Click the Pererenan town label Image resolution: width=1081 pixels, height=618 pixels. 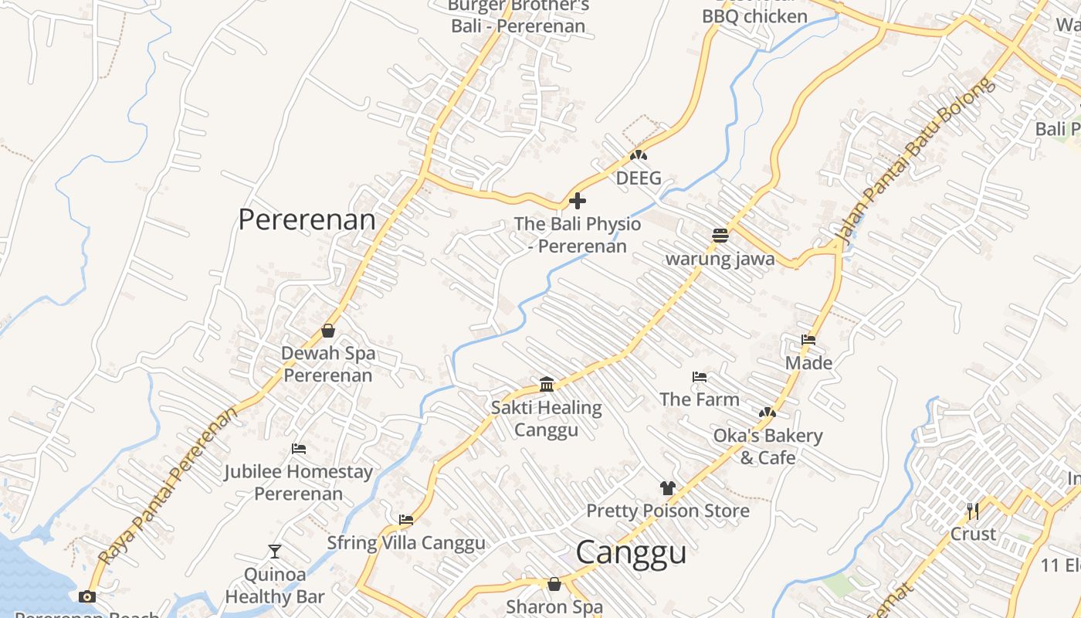click(x=307, y=219)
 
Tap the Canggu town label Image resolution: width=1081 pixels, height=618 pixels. click(x=631, y=553)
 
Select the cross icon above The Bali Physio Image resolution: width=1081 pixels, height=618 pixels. click(x=577, y=202)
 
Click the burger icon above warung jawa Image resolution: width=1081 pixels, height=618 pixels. click(x=720, y=236)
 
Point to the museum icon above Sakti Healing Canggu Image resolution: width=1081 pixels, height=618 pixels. click(x=547, y=384)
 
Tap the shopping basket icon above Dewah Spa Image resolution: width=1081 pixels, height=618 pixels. click(x=328, y=331)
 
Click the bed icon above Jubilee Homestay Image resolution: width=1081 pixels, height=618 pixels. click(x=299, y=449)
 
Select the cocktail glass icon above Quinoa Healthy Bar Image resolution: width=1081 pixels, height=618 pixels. click(x=275, y=551)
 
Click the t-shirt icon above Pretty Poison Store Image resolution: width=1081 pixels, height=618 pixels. click(x=667, y=488)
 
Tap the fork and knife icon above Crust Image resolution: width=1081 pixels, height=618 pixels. click(x=972, y=511)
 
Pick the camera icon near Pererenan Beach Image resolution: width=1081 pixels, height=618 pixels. click(x=87, y=596)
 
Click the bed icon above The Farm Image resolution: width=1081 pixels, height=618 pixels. click(x=700, y=377)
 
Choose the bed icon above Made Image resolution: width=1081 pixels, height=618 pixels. click(x=808, y=340)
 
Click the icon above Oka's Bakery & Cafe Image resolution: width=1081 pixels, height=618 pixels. click(x=767, y=413)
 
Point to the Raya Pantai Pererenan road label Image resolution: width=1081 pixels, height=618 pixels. click(x=168, y=484)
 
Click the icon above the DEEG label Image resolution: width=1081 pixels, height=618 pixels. click(x=638, y=155)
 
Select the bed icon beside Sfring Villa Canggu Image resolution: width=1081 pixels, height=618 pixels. click(x=406, y=520)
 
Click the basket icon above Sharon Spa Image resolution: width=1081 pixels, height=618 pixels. click(x=554, y=584)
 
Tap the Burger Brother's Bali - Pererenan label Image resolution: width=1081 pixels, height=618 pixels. click(x=518, y=15)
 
